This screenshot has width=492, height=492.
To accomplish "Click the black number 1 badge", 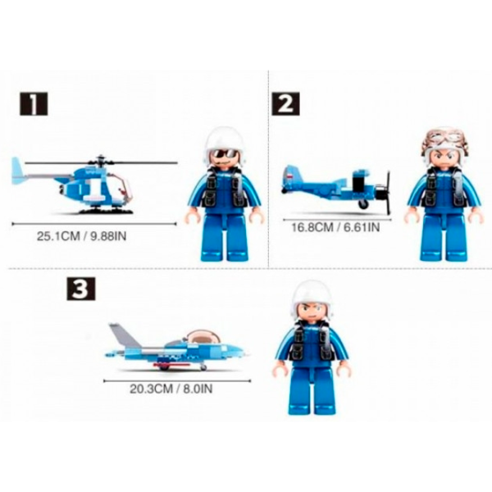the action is click(x=34, y=104).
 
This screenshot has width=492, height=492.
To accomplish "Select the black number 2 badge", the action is click(x=285, y=104).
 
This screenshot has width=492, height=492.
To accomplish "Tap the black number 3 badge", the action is click(x=81, y=289).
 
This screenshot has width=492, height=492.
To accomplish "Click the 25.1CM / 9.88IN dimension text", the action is click(x=81, y=236).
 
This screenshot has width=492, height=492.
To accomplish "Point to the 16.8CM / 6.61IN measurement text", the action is click(x=335, y=227).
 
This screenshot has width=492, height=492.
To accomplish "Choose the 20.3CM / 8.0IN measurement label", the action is click(x=171, y=389).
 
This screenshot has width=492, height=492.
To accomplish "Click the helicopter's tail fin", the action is click(x=17, y=171).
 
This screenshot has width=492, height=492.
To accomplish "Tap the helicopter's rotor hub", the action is click(x=101, y=161).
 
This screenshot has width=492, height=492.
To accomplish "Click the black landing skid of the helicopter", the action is click(x=107, y=211).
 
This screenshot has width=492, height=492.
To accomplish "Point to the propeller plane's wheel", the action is click(x=364, y=204).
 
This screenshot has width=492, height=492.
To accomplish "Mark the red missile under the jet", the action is click(x=172, y=365).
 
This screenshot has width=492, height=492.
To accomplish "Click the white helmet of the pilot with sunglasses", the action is click(x=224, y=142).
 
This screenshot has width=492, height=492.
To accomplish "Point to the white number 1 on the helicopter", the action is click(x=93, y=190).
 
